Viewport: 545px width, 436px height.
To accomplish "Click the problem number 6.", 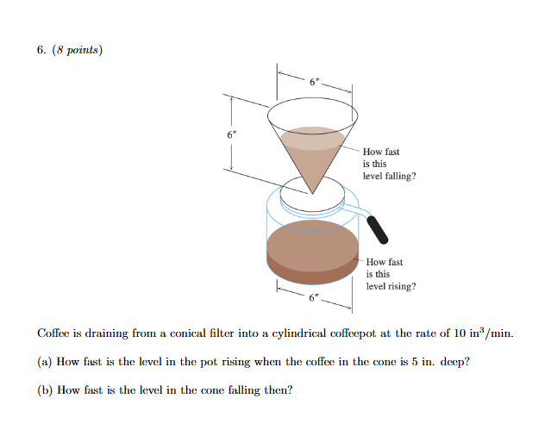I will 41,50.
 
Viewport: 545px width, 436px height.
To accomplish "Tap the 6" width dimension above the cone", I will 316,82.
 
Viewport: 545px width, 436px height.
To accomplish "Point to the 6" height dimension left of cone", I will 230,135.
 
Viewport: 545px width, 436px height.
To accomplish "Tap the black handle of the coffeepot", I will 378,228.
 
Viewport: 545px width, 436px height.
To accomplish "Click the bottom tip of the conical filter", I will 313,193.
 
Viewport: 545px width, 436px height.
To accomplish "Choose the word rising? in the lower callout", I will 400,286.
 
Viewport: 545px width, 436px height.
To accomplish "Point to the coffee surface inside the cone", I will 314,137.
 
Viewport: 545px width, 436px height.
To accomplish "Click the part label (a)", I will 45,362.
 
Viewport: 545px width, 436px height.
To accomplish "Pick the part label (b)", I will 45,389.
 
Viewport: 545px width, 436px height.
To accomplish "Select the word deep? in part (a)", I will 454,362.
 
